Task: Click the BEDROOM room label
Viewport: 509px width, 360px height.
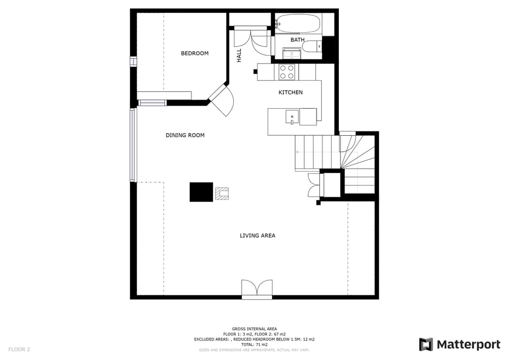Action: point(195,53)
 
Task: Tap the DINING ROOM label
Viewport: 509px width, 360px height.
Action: point(185,135)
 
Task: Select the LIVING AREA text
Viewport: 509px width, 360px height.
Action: point(257,235)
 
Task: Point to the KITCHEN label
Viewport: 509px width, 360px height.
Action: point(291,92)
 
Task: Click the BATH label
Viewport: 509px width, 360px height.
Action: point(297,40)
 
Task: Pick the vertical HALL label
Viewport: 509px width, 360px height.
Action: point(239,55)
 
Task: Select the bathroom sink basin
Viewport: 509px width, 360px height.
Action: point(292,53)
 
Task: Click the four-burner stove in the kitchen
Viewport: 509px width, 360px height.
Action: point(287,72)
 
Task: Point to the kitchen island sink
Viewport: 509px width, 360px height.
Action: point(292,116)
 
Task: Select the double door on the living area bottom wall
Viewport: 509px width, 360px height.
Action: point(257,289)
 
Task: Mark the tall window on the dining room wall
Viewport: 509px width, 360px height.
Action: point(133,144)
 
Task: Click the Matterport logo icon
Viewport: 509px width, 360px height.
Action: point(426,345)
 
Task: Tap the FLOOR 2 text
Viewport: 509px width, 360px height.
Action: point(19,349)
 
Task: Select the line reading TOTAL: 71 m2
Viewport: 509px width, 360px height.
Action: point(254,345)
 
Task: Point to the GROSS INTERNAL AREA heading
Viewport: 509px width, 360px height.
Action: point(254,329)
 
